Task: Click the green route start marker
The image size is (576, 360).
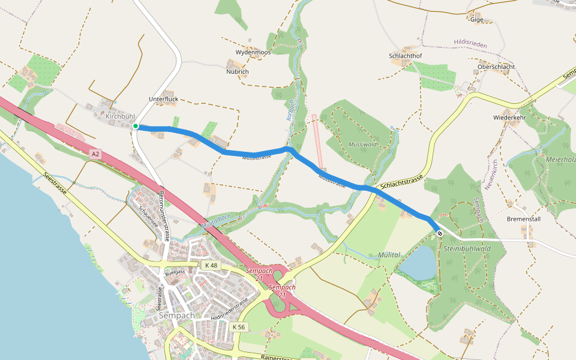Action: pyautogui.click(x=136, y=126)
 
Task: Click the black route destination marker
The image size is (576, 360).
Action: pyautogui.click(x=440, y=233)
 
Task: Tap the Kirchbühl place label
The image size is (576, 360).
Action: pyautogui.click(x=121, y=116)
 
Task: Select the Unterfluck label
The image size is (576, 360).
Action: pyautogui.click(x=163, y=99)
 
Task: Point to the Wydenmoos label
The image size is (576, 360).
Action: pyautogui.click(x=253, y=52)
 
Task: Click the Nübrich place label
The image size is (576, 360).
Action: pyautogui.click(x=238, y=71)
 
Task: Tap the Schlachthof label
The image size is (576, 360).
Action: pyautogui.click(x=406, y=56)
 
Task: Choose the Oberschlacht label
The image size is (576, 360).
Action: pyautogui.click(x=496, y=67)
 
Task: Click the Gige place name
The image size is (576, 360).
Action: pyautogui.click(x=477, y=19)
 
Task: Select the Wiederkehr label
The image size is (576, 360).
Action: pyautogui.click(x=509, y=117)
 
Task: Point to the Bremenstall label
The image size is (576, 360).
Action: pyautogui.click(x=524, y=219)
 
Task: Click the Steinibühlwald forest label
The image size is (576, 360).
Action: pyautogui.click(x=467, y=248)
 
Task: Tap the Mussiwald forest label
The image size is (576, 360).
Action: pyautogui.click(x=362, y=145)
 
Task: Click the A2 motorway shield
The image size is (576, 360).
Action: pyautogui.click(x=95, y=154)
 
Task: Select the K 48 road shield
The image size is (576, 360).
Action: pyautogui.click(x=211, y=265)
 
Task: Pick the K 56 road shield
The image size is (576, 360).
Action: pyautogui.click(x=238, y=326)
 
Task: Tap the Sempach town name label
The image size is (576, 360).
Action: pyautogui.click(x=178, y=315)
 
